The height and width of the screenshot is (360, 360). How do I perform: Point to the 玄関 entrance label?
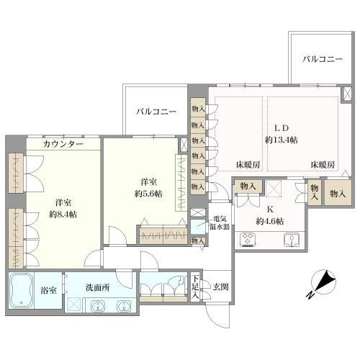coord(220,287)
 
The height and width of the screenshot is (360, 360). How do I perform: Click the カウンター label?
coord(63,144)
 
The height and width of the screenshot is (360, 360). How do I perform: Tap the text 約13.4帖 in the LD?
coord(281,139)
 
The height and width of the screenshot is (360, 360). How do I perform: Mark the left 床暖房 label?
coord(248,165)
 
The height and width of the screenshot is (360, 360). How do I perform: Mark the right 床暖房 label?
coord(323,165)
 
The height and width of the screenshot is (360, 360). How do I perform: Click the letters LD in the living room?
coord(279,123)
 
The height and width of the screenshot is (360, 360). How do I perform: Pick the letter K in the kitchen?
coord(270,211)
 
